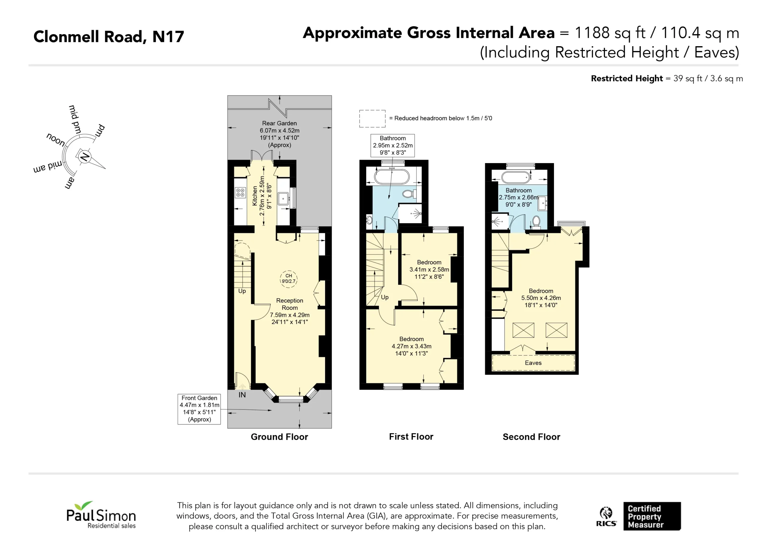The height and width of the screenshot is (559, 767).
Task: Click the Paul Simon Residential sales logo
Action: (x=101, y=515)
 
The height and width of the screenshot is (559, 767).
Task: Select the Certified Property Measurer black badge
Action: (x=652, y=516)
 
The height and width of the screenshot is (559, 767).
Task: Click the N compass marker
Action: (x=84, y=157)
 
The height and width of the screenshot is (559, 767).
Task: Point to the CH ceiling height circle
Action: (x=289, y=279)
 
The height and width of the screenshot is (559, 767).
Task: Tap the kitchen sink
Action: (x=283, y=198)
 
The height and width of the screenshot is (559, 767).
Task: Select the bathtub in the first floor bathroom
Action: (x=391, y=176)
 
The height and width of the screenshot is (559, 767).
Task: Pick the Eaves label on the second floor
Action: (x=533, y=363)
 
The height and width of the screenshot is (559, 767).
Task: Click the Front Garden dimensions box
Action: (x=199, y=409)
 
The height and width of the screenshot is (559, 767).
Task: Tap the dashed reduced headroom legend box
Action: (x=372, y=119)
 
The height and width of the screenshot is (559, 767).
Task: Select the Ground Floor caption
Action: (x=279, y=437)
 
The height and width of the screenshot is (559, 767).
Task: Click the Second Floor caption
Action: (x=531, y=437)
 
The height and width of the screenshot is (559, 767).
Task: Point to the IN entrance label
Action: (x=242, y=395)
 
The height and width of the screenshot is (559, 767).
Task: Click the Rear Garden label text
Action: (x=279, y=123)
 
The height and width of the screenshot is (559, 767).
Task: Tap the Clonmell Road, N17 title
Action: (x=108, y=37)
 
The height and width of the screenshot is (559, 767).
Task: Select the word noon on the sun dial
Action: (x=56, y=139)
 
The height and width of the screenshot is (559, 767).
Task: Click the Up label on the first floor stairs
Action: (x=385, y=297)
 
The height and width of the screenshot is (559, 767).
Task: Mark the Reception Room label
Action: (x=289, y=304)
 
